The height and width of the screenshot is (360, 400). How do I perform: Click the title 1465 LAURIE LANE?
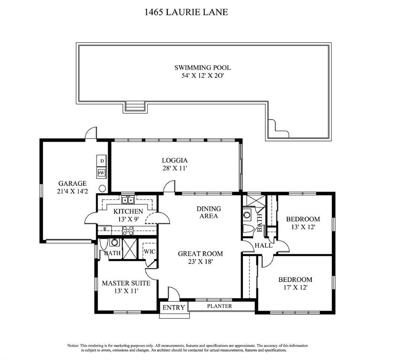pos(186,12)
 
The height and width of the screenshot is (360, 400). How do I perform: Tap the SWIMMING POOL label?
pos(203,68)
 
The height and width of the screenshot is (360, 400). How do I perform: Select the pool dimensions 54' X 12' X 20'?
pos(203,76)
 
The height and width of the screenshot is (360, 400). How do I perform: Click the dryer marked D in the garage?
pos(102,161)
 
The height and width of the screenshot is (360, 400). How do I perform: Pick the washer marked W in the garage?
pos(102,173)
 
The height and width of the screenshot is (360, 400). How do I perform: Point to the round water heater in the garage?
pos(102,188)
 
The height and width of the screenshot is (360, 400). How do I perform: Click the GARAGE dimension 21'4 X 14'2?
pos(72,191)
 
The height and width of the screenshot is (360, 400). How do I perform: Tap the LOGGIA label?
pos(175,161)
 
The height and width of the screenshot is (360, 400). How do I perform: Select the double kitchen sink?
pos(128,199)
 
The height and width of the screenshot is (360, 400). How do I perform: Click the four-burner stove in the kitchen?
pos(128,230)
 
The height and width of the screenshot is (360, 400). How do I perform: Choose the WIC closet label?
pos(150,252)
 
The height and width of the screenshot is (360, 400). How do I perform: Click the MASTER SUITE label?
pos(126,283)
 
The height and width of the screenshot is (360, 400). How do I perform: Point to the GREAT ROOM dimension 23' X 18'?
pos(200,262)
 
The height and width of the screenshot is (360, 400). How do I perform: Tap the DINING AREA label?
pos(209,213)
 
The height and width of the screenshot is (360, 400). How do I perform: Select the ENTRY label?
pos(174,307)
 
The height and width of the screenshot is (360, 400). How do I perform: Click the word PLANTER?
pos(219,306)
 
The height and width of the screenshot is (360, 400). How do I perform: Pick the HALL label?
pos(264,245)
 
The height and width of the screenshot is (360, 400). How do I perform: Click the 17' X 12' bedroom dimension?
pos(295,288)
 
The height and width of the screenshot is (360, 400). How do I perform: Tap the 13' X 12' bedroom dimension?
pos(303,227)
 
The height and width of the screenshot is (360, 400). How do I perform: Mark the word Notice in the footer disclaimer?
pos(73,345)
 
